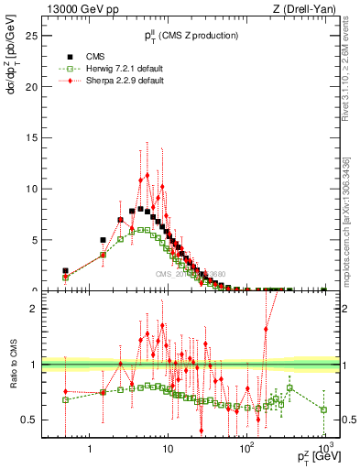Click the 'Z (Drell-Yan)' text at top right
point(308,8)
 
